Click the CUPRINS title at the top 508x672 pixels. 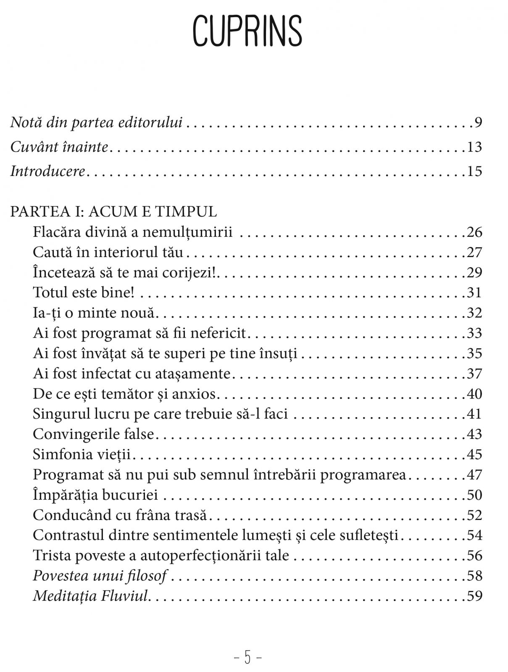point(247,31)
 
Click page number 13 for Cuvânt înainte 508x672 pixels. point(474,147)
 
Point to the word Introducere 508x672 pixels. point(48,171)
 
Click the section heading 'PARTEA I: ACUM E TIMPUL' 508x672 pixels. point(113,211)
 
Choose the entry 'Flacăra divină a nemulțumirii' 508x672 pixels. point(132,232)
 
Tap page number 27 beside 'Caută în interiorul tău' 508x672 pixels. point(474,252)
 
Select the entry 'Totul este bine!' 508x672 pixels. point(84,292)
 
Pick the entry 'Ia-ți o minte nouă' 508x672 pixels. point(94,313)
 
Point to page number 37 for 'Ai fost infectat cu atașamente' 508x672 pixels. point(474,373)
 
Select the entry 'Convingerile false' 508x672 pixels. point(94,434)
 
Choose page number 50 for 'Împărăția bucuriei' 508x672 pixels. point(474,495)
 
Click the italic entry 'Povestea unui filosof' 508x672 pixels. point(100,575)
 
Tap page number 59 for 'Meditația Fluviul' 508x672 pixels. point(474,596)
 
